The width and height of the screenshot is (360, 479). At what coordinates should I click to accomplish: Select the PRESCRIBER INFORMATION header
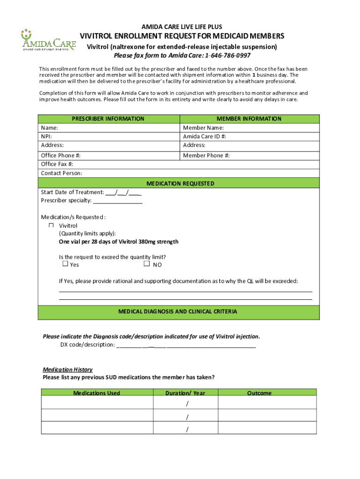coord(108,119)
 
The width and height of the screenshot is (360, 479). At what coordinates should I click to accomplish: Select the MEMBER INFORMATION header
coord(249,119)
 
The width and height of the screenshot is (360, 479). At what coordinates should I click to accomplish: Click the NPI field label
coord(46,137)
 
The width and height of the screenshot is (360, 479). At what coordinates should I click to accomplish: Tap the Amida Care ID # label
coord(204,137)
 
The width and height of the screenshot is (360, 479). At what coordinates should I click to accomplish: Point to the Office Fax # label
coord(57,164)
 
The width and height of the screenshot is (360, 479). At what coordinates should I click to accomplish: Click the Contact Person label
coord(62,173)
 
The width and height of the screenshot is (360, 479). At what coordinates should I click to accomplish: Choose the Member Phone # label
coord(206,155)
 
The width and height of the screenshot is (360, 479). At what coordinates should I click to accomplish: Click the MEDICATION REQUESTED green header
coord(180,183)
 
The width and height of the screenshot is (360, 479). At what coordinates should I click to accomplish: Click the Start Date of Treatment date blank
coord(123,193)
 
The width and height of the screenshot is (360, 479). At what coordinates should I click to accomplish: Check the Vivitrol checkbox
coord(51,225)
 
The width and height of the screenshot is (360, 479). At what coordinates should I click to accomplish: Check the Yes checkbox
coord(65,264)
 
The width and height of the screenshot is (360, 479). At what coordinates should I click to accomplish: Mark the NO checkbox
coord(146,264)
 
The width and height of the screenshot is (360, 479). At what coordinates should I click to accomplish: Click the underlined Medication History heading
coord(68,370)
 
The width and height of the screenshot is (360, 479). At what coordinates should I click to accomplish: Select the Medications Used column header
coord(96,393)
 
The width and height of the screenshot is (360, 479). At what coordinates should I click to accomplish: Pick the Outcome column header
coord(259,393)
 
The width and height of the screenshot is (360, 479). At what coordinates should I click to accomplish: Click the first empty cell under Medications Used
coord(97,403)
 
